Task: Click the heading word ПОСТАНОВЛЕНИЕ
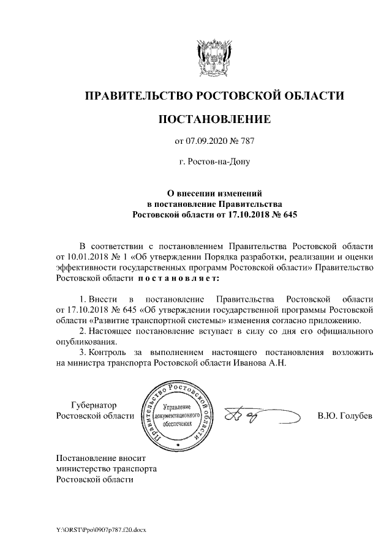[x=214, y=118]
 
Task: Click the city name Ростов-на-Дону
[x=214, y=163]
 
